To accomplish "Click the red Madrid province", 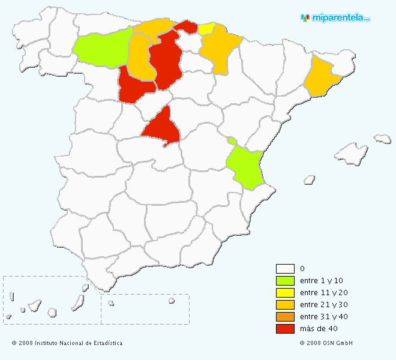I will pyautogui.click(x=161, y=127).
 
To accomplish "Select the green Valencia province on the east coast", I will pyautogui.click(x=245, y=165).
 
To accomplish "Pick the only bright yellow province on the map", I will pyautogui.click(x=206, y=28).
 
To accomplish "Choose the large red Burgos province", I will pyautogui.click(x=166, y=60).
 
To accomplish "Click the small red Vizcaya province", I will pyautogui.click(x=187, y=26).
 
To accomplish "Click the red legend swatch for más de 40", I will pyautogui.click(x=285, y=329).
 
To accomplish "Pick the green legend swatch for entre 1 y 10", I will pyautogui.click(x=285, y=281).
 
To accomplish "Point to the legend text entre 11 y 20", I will pyautogui.click(x=323, y=293).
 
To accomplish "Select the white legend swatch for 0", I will pyautogui.click(x=285, y=269).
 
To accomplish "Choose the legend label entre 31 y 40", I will pyautogui.click(x=323, y=317).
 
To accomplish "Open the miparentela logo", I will pyautogui.click(x=335, y=17).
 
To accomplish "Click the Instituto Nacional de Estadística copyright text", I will pyautogui.click(x=67, y=343).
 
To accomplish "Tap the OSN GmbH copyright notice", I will pyautogui.click(x=326, y=343).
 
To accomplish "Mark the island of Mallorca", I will pyautogui.click(x=352, y=155).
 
